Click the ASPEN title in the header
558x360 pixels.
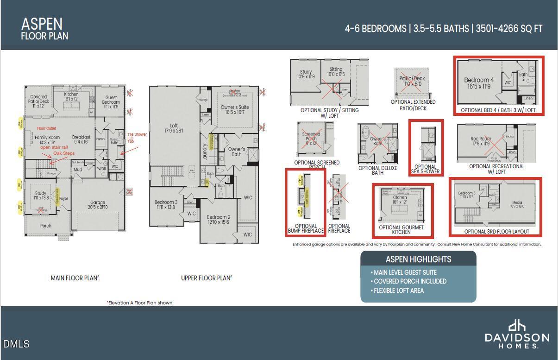[x=42, y=24]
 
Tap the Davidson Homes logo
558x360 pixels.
[x=517, y=334]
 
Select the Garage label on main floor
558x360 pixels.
[x=98, y=205]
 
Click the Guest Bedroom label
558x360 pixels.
[x=111, y=100]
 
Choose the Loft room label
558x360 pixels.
[x=174, y=128]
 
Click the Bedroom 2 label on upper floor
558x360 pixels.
[x=219, y=220]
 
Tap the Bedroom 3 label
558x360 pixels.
[x=166, y=205]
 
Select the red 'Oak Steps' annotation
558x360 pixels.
[x=63, y=153]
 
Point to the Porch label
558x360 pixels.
[x=46, y=226]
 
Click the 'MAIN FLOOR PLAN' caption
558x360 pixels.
[x=75, y=278]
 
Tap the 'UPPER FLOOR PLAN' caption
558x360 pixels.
[x=207, y=278]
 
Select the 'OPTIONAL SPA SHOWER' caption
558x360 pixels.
[x=426, y=170]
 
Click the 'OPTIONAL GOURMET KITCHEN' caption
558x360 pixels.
[x=401, y=230]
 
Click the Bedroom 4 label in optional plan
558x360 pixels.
[x=479, y=83]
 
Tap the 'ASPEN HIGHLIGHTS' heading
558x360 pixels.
[x=418, y=259]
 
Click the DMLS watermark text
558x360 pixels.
[x=16, y=344]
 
